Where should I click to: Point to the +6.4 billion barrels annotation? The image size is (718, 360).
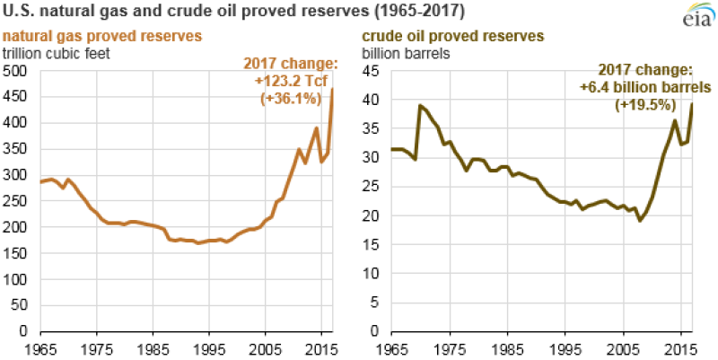click(645, 88)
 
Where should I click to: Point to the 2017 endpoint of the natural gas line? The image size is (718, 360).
click(333, 89)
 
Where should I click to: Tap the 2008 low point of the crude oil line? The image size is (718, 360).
click(640, 220)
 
